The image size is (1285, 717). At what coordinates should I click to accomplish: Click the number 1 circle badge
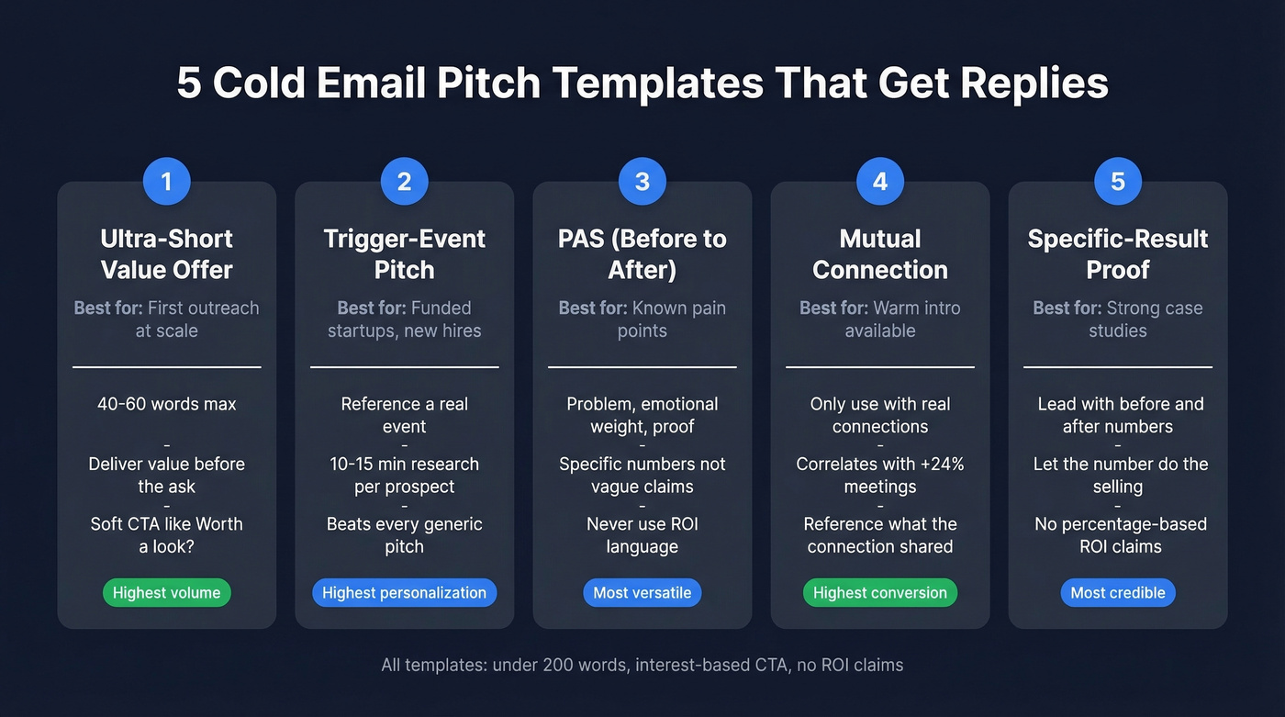click(166, 182)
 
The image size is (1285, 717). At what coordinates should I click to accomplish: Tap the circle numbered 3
click(642, 182)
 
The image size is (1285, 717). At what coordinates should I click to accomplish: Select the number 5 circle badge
click(1117, 182)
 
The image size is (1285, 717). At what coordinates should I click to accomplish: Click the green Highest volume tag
click(166, 593)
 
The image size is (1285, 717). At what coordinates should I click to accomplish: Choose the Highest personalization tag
click(404, 593)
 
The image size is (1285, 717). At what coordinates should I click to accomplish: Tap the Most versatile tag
click(642, 593)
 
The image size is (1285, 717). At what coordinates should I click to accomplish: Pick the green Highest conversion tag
click(879, 593)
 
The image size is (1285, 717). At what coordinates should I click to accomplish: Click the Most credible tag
click(1117, 593)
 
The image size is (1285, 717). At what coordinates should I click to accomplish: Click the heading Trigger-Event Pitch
click(404, 254)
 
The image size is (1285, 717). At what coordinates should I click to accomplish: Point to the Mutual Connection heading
click(879, 254)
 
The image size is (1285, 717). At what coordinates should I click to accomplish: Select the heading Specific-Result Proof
click(1117, 254)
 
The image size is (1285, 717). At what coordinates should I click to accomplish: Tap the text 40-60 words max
click(166, 404)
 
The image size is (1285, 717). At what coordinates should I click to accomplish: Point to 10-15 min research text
click(404, 476)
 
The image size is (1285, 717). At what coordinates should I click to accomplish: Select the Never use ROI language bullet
click(642, 535)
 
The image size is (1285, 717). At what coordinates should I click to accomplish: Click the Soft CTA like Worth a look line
click(166, 535)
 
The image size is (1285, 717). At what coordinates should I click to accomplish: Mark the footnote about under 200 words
click(642, 665)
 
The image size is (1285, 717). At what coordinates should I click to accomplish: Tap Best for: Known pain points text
click(642, 319)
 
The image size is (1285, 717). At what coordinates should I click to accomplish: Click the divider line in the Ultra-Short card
click(166, 367)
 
